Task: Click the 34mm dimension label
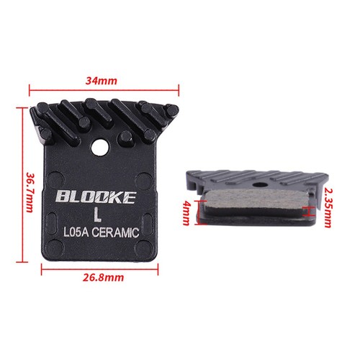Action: pyautogui.click(x=102, y=81)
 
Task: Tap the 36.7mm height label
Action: pyautogui.click(x=30, y=192)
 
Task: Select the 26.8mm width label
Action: pyautogui.click(x=104, y=278)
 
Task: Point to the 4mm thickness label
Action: pyautogui.click(x=186, y=213)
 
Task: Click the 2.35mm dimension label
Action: pyautogui.click(x=328, y=207)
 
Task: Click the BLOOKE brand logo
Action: pyautogui.click(x=96, y=197)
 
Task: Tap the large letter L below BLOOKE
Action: pyautogui.click(x=97, y=215)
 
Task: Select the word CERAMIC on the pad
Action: pyautogui.click(x=115, y=233)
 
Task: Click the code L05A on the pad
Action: pyautogui.click(x=76, y=233)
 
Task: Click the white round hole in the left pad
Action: pyautogui.click(x=100, y=148)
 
